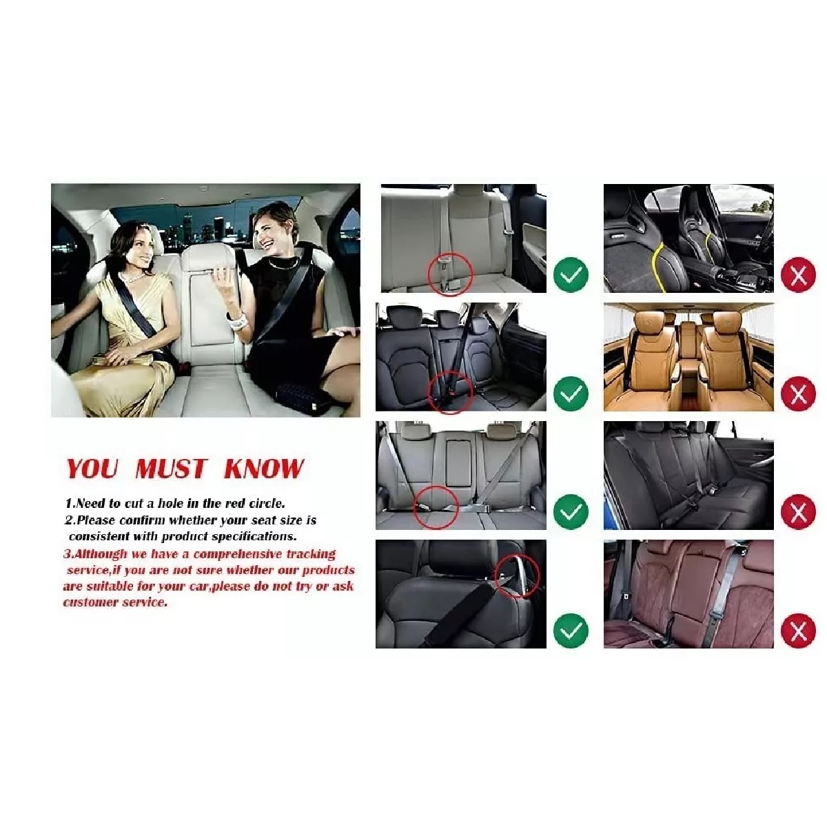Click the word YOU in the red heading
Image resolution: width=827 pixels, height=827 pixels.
[92, 468]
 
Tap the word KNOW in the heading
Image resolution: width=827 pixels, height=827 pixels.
[263, 468]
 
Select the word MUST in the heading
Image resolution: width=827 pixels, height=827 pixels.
[171, 468]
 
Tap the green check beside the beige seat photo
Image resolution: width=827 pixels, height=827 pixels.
[571, 275]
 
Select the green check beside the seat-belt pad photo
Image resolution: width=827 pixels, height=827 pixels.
[571, 630]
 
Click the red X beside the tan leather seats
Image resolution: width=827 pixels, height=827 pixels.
[798, 393]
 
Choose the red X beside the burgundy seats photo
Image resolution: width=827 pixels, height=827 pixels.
[798, 630]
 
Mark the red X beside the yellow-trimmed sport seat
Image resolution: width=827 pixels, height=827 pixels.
[798, 275]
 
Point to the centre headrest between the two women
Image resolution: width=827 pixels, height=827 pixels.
[208, 259]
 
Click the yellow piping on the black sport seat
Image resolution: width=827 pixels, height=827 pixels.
[655, 266]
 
